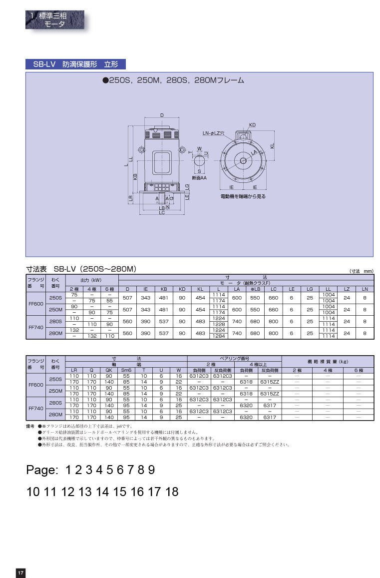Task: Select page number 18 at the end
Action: (x=172, y=492)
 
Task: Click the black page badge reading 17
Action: (x=20, y=573)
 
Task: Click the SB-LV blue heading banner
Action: (x=75, y=64)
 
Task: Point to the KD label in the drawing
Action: (x=252, y=125)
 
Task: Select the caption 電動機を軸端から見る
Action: (x=243, y=197)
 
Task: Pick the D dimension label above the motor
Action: (x=162, y=115)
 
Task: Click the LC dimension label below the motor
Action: (x=162, y=213)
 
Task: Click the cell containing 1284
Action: (x=219, y=337)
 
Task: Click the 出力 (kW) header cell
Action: (x=91, y=280)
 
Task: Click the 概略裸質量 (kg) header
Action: (x=327, y=361)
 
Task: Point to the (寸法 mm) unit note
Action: (x=361, y=270)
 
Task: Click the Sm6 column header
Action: (x=126, y=370)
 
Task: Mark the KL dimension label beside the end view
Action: (x=273, y=145)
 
